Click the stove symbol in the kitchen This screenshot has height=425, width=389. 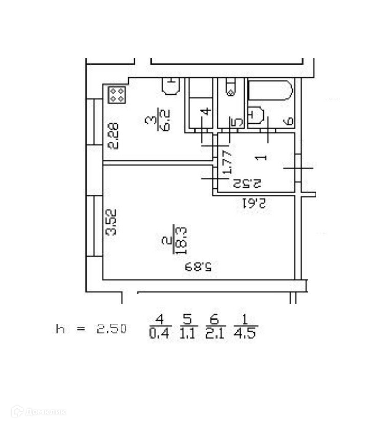pyautogui.click(x=117, y=94)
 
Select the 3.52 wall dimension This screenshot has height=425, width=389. pyautogui.click(x=112, y=222)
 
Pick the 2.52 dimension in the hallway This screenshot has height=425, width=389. pyautogui.click(x=247, y=182)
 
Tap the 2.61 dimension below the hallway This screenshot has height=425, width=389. pyautogui.click(x=253, y=203)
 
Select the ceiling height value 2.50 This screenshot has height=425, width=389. pyautogui.click(x=112, y=329)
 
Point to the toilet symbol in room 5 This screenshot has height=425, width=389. pyautogui.click(x=230, y=89)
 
